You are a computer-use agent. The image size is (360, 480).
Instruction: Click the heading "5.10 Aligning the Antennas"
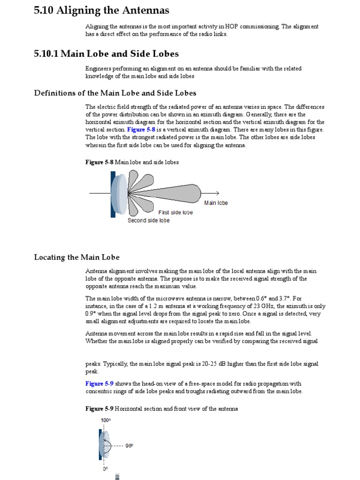pyautogui.click(x=102, y=10)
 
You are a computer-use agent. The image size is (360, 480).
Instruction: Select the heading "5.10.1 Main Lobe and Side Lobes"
pyautogui.click(x=106, y=54)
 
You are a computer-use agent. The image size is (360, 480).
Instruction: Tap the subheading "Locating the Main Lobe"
pyautogui.click(x=77, y=257)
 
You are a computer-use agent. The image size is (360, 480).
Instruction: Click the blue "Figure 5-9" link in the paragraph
pyautogui.click(x=99, y=383)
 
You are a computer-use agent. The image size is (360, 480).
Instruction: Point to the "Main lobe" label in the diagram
pyautogui.click(x=216, y=203)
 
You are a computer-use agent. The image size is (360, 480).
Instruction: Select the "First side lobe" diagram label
pyautogui.click(x=175, y=212)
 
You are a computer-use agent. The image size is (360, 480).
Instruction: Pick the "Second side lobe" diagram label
pyautogui.click(x=149, y=220)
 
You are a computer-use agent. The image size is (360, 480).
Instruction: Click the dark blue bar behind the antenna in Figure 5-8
pyautogui.click(x=113, y=195)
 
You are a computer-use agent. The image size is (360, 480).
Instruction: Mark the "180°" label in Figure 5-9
pyautogui.click(x=105, y=420)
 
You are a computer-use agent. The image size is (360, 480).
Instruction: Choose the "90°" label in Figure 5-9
pyautogui.click(x=129, y=446)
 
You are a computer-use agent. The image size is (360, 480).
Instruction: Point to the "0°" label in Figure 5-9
pyautogui.click(x=105, y=468)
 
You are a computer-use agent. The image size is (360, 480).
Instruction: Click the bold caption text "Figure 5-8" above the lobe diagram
pyautogui.click(x=99, y=162)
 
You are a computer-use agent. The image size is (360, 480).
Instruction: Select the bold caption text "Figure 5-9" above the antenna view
pyautogui.click(x=99, y=409)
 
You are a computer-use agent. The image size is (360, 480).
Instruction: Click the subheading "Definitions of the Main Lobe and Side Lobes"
pyautogui.click(x=115, y=93)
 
